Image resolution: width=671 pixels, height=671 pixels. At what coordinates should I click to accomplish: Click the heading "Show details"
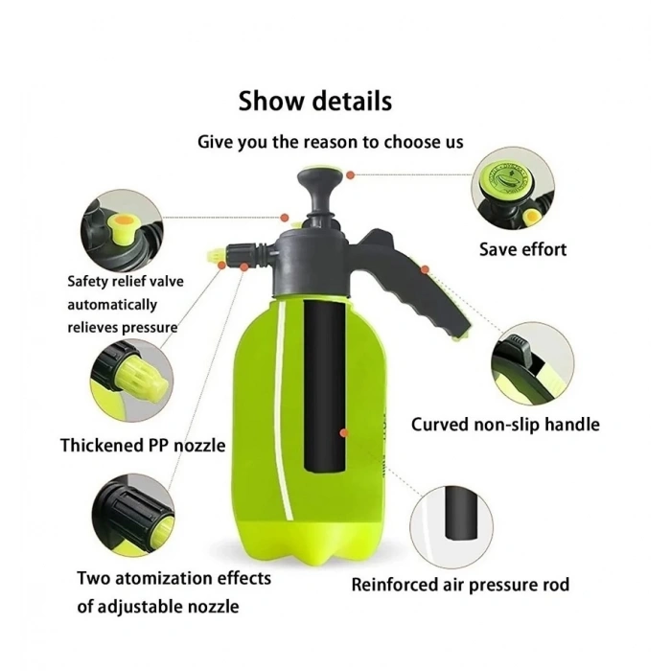(x=315, y=101)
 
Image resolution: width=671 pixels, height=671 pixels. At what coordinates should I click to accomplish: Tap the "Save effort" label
(x=522, y=249)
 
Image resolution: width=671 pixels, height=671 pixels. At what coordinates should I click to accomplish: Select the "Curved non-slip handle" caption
(x=505, y=425)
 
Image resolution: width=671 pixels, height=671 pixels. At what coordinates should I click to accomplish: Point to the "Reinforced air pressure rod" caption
(x=460, y=585)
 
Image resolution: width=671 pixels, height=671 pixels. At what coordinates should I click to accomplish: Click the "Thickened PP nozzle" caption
(x=143, y=446)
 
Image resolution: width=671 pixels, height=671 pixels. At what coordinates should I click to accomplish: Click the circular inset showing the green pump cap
(x=513, y=188)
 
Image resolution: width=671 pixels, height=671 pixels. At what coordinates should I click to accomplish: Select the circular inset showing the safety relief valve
(x=122, y=231)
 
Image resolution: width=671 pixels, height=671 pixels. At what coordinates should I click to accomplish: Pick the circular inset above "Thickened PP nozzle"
(x=132, y=382)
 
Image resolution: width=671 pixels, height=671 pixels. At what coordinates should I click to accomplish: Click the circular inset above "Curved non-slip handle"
(x=533, y=364)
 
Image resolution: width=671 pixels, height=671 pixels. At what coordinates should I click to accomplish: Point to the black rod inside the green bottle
(x=324, y=385)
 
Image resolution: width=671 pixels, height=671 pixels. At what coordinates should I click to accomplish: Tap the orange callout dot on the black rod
(x=343, y=433)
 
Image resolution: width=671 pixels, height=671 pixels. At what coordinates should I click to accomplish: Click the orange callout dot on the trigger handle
(x=425, y=269)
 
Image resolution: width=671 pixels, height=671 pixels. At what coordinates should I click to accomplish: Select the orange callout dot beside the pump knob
(x=351, y=175)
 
